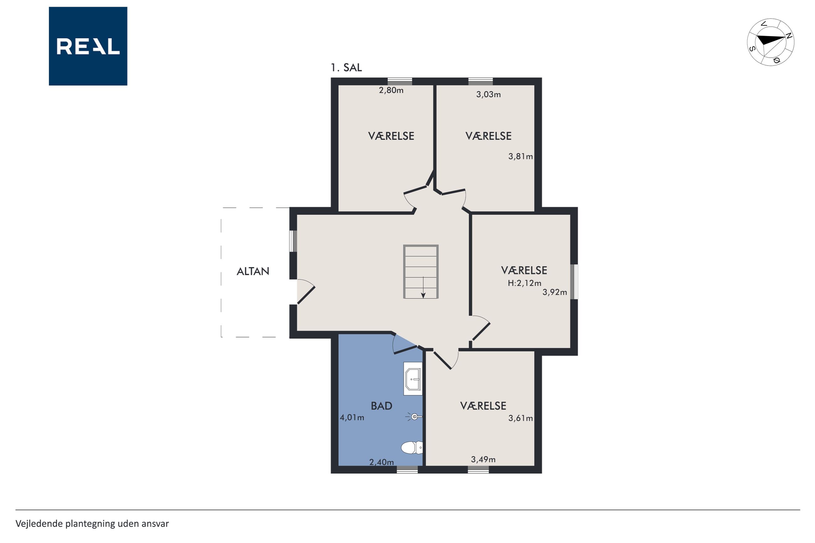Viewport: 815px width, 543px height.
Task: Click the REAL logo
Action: click(88, 46)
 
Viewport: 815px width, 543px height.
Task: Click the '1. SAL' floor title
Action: click(346, 68)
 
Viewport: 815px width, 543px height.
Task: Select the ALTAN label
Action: click(253, 271)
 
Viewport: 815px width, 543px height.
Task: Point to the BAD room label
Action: click(381, 405)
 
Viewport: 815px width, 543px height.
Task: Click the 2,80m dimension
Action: click(391, 90)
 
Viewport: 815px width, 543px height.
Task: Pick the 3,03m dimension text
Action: click(488, 94)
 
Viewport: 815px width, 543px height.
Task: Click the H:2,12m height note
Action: click(524, 283)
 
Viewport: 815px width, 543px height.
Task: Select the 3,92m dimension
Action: click(555, 292)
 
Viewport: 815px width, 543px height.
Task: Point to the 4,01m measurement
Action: click(352, 417)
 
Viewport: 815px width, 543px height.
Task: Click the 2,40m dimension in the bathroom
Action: click(381, 462)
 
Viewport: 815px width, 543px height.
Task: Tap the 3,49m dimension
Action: click(483, 459)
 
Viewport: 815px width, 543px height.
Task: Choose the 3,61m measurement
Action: click(521, 418)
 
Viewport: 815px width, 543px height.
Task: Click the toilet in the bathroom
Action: click(412, 447)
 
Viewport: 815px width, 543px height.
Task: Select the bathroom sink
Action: click(413, 379)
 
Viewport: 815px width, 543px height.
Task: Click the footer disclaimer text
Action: click(92, 524)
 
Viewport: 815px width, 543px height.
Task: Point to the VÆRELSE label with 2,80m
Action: click(391, 136)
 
